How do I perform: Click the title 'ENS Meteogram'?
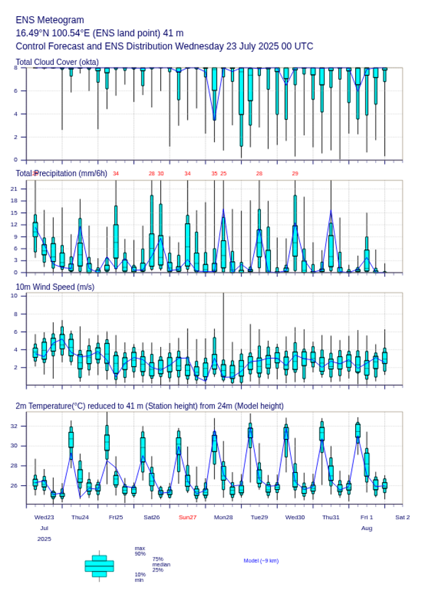pos(49,20)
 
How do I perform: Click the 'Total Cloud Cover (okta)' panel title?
pos(57,62)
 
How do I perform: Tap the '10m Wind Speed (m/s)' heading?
pos(55,286)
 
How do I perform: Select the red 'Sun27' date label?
pos(188,517)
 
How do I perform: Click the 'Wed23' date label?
pos(44,517)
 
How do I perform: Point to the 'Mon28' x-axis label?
pos(223,517)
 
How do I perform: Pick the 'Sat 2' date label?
pos(403,517)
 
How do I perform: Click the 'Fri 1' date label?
pos(367,517)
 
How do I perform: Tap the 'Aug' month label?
pos(367,528)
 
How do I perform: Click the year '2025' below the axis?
pos(44,539)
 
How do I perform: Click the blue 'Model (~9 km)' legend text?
pos(261,561)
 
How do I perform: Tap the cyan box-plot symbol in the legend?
pos(99,566)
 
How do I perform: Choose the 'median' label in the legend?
pos(161,564)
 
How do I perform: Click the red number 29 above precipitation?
pos(295,173)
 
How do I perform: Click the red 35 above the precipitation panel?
pos(214,173)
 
